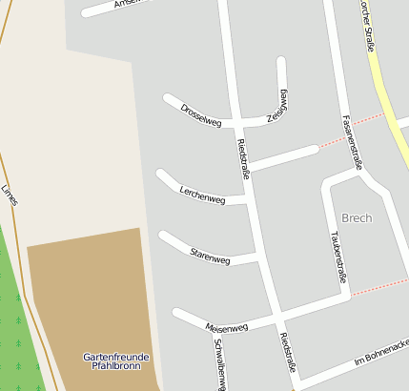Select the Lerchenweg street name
coord(202,195)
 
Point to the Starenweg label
coord(210,255)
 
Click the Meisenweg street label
coord(227,326)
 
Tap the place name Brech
coord(357,217)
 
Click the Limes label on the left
coord(10,195)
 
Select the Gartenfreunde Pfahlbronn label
coord(110,360)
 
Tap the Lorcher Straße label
coord(369,24)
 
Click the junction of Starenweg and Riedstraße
coord(260,258)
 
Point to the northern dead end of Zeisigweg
coord(281,62)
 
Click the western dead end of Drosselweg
coord(168,98)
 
